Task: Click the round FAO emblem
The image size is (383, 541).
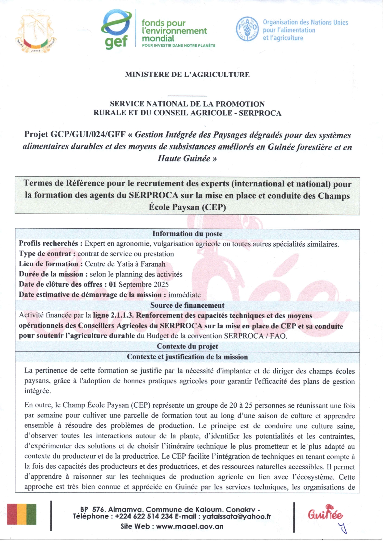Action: coord(247,29)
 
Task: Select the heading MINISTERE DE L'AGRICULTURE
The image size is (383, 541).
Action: coord(187,74)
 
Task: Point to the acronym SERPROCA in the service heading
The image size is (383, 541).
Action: coord(260,113)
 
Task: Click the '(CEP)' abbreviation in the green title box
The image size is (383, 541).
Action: coord(214,207)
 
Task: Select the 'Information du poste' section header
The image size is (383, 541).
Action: coord(187,234)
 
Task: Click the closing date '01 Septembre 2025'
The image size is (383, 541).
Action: coord(139,284)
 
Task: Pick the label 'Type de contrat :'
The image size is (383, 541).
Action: coord(47,254)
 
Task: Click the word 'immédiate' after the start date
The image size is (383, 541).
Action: coord(184,295)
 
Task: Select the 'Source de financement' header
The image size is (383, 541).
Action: coord(187,305)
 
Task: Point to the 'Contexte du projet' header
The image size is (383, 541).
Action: coord(187,346)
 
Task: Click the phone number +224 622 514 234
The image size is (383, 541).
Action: coord(144,517)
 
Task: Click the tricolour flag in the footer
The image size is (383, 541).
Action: coord(22,514)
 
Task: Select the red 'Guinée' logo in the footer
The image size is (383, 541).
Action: coord(325,514)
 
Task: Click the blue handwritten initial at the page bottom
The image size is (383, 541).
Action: coord(342,528)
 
